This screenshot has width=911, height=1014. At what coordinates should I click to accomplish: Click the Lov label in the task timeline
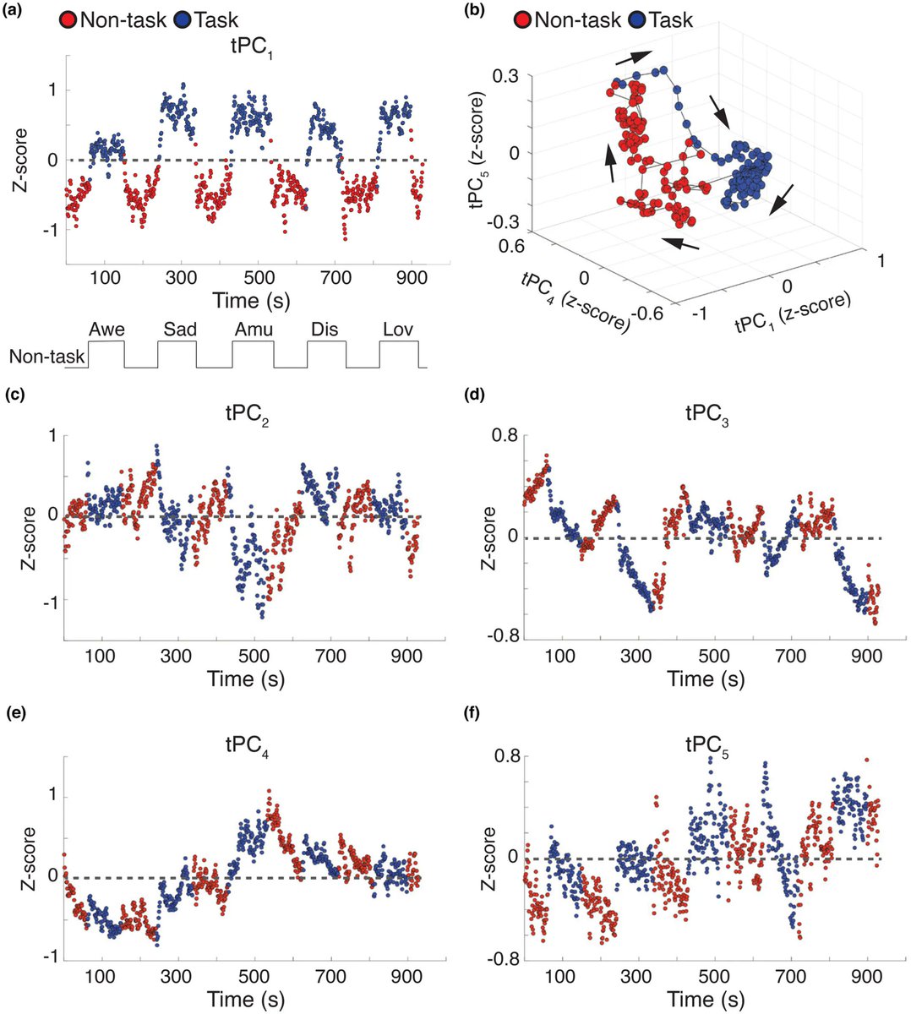pos(398,330)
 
